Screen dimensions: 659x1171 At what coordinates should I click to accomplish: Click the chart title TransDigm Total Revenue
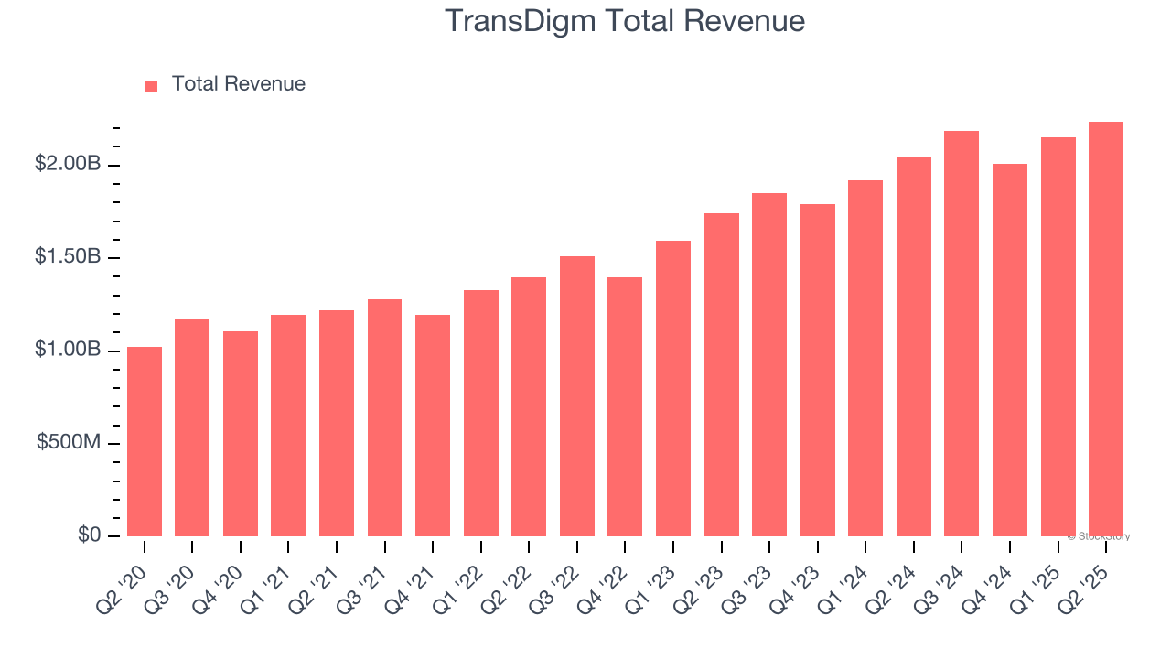(625, 21)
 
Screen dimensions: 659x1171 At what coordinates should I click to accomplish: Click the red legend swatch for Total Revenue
(152, 85)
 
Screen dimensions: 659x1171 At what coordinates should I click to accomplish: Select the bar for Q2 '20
(145, 441)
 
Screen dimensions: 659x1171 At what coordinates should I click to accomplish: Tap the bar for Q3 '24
(962, 333)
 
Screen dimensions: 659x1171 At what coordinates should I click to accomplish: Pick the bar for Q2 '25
(1106, 329)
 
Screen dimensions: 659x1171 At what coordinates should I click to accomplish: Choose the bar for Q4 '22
(625, 406)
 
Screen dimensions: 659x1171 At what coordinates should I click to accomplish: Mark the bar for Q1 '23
(673, 388)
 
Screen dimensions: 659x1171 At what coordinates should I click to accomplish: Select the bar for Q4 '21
(433, 426)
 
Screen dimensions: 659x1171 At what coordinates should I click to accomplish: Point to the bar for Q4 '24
(1010, 350)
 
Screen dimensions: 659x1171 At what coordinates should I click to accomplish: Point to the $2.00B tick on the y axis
(68, 164)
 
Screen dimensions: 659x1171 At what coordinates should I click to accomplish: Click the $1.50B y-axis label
(68, 257)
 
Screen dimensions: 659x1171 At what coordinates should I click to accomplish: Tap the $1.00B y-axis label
(68, 351)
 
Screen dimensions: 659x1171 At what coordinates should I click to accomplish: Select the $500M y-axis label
(70, 443)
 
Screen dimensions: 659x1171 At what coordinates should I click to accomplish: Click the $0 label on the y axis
(88, 535)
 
